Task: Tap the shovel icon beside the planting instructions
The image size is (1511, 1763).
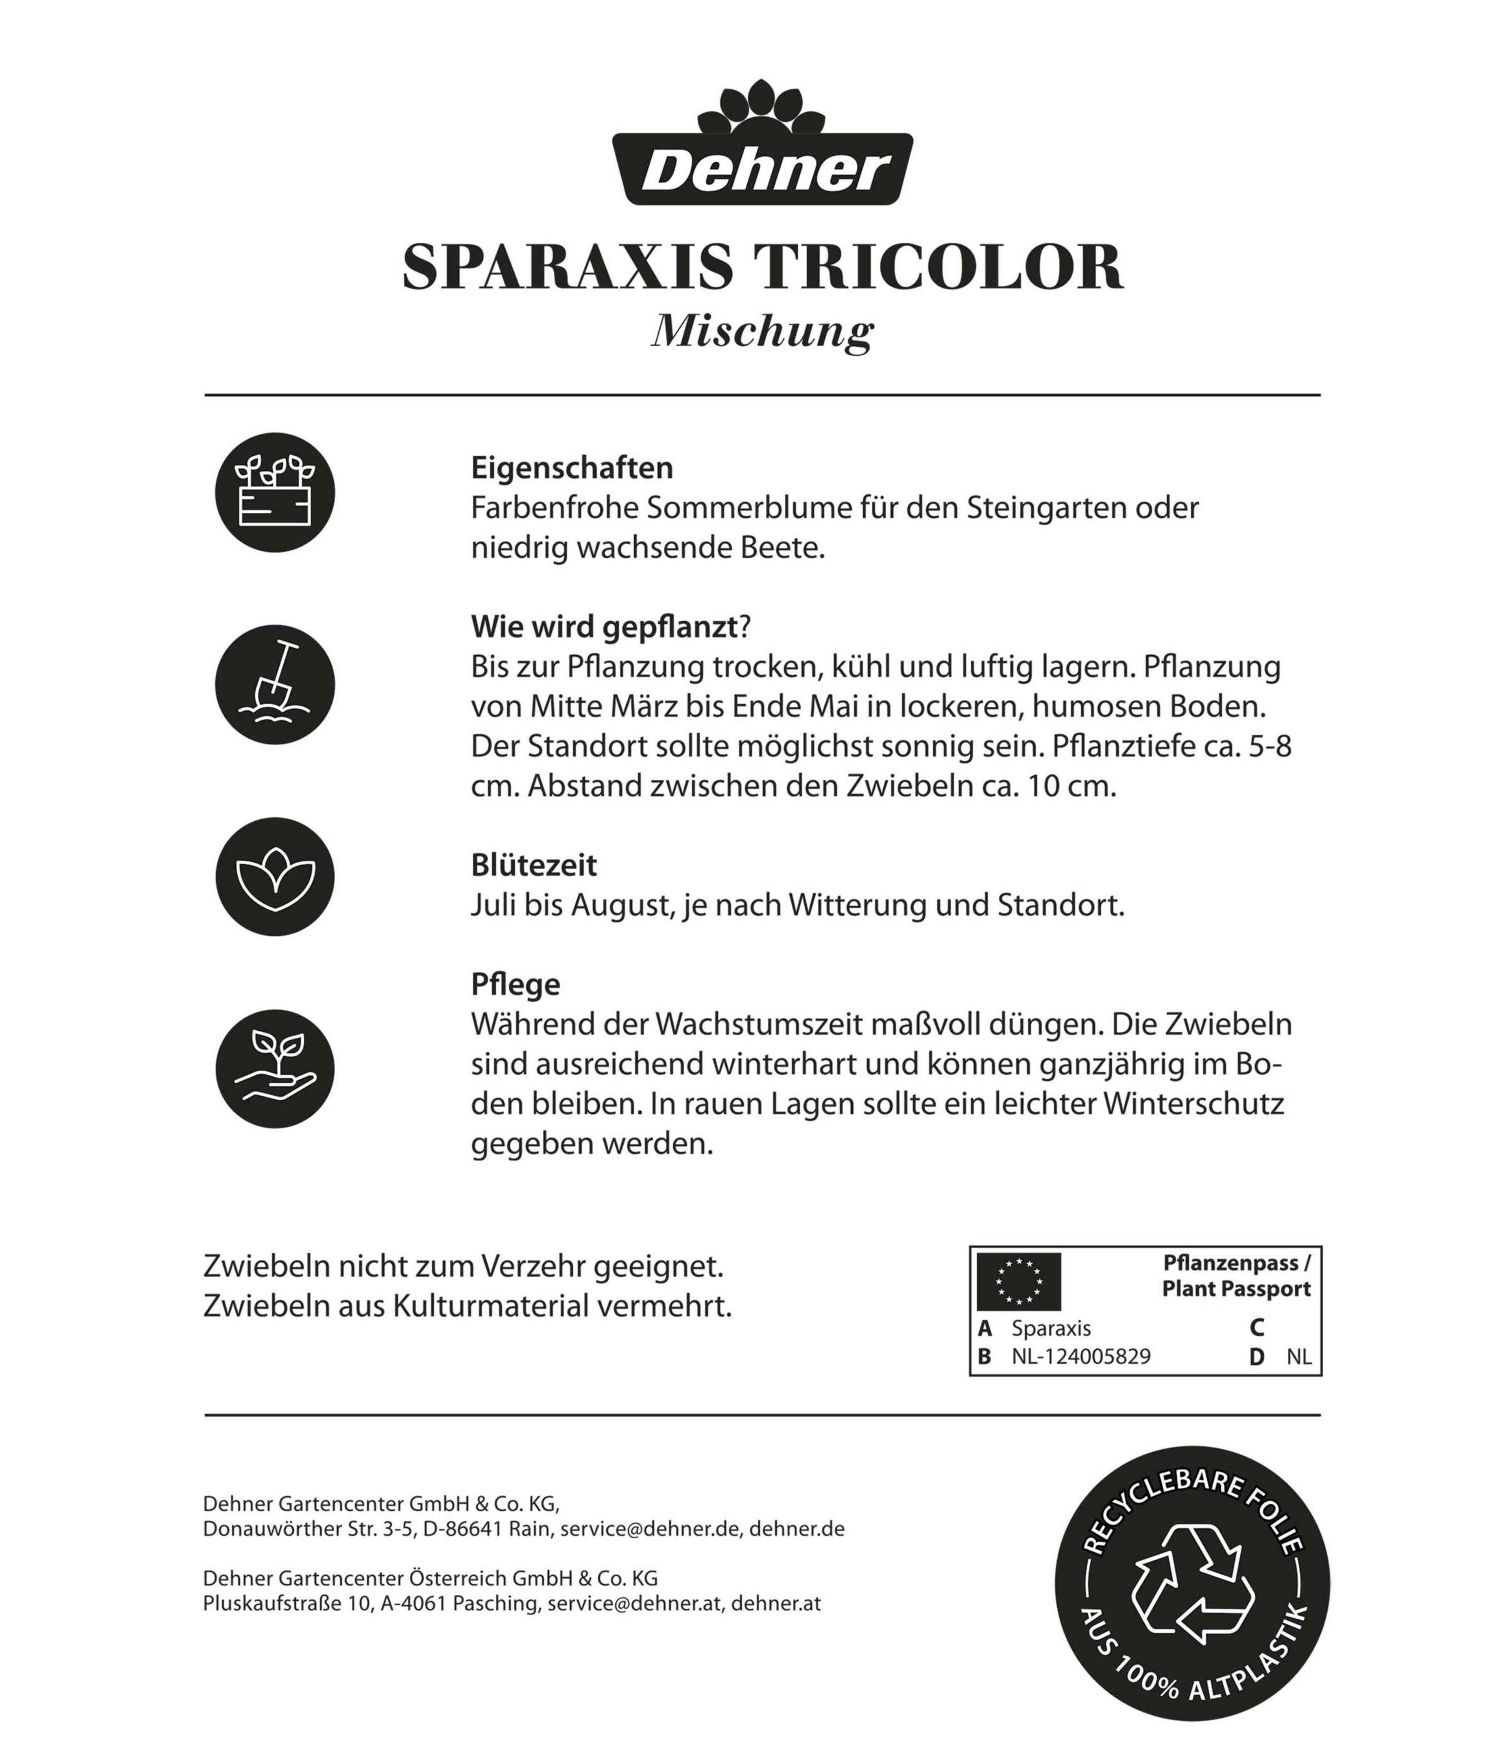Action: point(275,685)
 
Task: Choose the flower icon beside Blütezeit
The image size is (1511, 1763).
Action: point(275,877)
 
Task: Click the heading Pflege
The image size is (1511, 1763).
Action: point(515,985)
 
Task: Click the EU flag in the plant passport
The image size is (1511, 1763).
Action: point(1018,1281)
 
